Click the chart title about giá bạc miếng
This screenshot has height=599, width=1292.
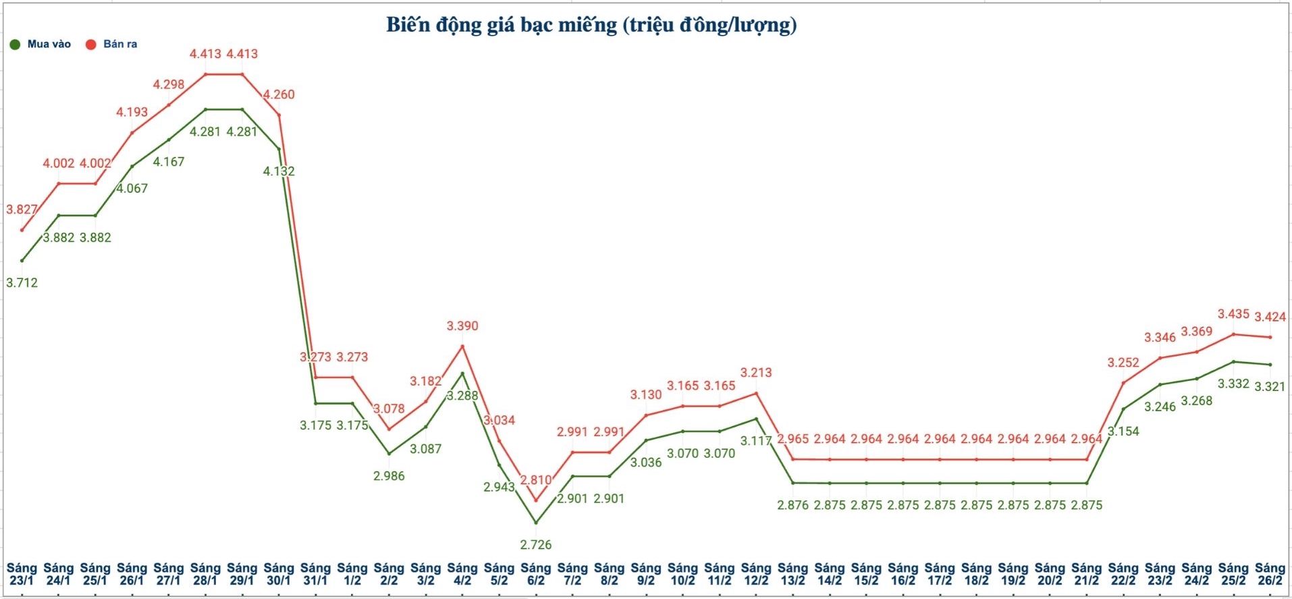coord(591,25)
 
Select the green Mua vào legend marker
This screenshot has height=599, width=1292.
coord(15,45)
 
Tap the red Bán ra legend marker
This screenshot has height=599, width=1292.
coord(90,45)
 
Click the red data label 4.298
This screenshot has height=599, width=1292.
coord(168,84)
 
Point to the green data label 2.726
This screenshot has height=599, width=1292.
coord(536,544)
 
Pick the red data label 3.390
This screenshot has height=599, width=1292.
coord(462,326)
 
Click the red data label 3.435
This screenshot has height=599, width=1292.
coord(1233,314)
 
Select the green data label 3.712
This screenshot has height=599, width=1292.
coord(22,283)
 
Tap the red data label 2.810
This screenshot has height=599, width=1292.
coord(536,480)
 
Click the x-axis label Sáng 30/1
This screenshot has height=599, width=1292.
coord(279,574)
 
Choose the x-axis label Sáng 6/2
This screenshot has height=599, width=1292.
coord(536,574)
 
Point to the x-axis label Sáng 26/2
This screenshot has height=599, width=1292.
coord(1270,574)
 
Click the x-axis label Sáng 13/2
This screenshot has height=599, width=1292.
coord(792,574)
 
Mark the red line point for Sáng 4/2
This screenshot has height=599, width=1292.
coord(462,346)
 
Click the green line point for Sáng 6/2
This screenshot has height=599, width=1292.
coord(536,523)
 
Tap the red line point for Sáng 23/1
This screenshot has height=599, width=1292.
coord(22,230)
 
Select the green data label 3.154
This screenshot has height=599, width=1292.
coord(1123,431)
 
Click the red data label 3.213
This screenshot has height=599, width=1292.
coord(756,373)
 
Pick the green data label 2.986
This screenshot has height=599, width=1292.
coord(389,476)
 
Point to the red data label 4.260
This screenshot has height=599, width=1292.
coord(279,95)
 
